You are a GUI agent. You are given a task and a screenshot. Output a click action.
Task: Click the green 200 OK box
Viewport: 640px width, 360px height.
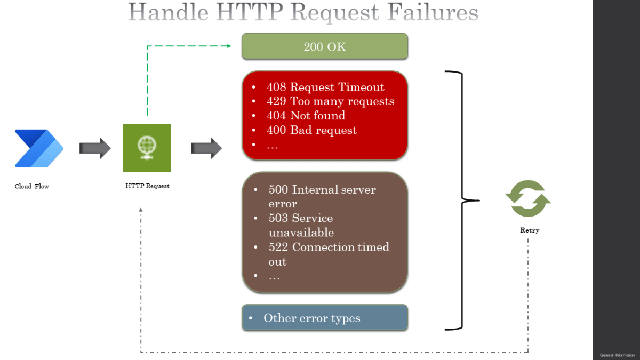[325, 46]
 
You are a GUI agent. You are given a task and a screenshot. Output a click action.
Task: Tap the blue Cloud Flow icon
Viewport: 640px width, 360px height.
[39, 148]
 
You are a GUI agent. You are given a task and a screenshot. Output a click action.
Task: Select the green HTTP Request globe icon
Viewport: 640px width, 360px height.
[147, 148]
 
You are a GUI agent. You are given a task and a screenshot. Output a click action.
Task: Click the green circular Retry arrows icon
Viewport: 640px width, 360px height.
[528, 198]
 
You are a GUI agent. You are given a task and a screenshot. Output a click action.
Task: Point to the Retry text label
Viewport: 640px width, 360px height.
[530, 230]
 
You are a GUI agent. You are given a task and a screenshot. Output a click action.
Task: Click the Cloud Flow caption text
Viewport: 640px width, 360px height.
[31, 187]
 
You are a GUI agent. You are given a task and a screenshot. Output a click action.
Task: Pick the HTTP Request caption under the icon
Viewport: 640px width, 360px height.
[147, 186]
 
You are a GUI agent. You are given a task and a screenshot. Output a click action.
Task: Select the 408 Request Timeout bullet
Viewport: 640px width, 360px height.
[325, 87]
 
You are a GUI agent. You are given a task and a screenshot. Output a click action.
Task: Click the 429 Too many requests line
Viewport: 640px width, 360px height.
[331, 101]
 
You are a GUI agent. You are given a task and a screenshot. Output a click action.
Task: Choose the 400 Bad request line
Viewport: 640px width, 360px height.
[312, 130]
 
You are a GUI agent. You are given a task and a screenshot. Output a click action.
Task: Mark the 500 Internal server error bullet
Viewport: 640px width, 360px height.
[322, 196]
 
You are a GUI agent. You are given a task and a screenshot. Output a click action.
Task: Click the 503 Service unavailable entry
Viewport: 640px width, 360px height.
[301, 225]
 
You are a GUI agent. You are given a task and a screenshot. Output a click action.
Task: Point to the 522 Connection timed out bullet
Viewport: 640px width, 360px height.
[329, 254]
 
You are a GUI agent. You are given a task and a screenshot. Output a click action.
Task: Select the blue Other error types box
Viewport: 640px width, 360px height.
[325, 318]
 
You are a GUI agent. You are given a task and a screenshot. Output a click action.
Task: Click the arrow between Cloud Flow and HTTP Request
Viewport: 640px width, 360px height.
[95, 148]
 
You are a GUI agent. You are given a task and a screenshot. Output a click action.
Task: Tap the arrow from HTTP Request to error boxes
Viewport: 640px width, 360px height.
[206, 148]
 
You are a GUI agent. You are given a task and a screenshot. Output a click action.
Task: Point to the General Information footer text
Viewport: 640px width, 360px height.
[617, 355]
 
